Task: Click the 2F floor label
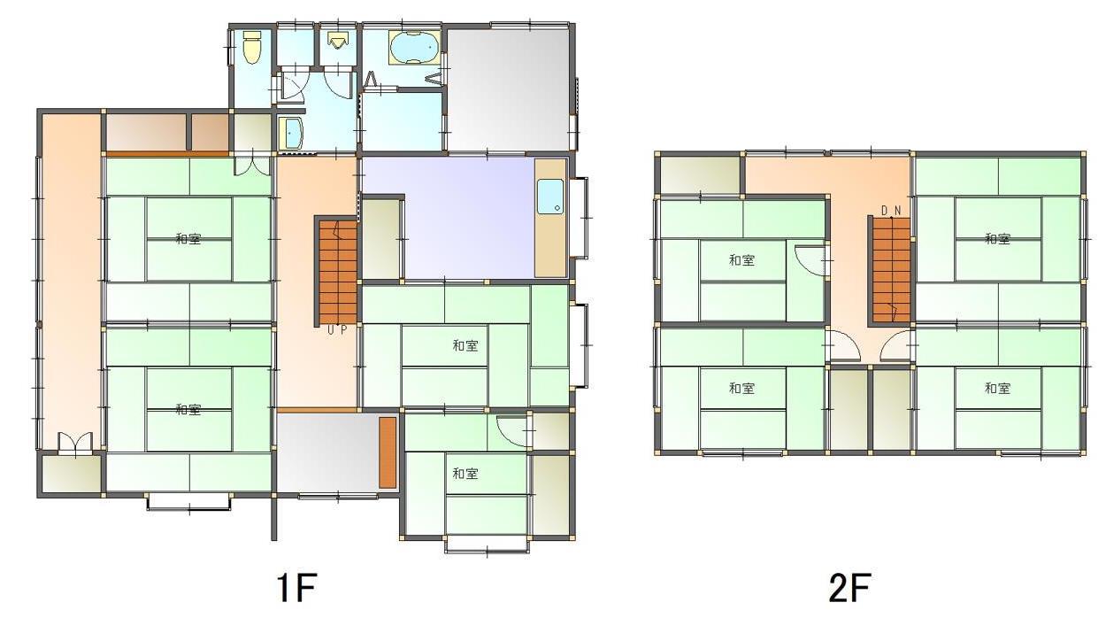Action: pyautogui.click(x=849, y=587)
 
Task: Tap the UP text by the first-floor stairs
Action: pyautogui.click(x=337, y=330)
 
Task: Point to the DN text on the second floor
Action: pyautogui.click(x=891, y=210)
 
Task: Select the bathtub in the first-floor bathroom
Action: pyautogui.click(x=413, y=47)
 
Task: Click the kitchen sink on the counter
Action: pyautogui.click(x=549, y=196)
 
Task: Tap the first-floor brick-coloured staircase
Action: pyautogui.click(x=337, y=271)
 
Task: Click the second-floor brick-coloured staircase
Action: pyautogui.click(x=891, y=269)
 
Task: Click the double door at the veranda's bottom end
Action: pyautogui.click(x=74, y=443)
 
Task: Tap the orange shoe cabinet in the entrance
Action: pyautogui.click(x=388, y=452)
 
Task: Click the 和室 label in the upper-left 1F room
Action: pyautogui.click(x=188, y=238)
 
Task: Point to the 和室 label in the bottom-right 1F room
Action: pyautogui.click(x=465, y=474)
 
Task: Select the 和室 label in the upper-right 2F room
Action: pyautogui.click(x=997, y=238)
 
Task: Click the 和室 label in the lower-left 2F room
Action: pyautogui.click(x=741, y=388)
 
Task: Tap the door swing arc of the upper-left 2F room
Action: pyautogui.click(x=809, y=259)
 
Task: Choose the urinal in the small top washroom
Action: pyautogui.click(x=336, y=41)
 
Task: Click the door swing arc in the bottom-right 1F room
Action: pyautogui.click(x=511, y=430)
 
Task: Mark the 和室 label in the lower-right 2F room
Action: pyautogui.click(x=997, y=388)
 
